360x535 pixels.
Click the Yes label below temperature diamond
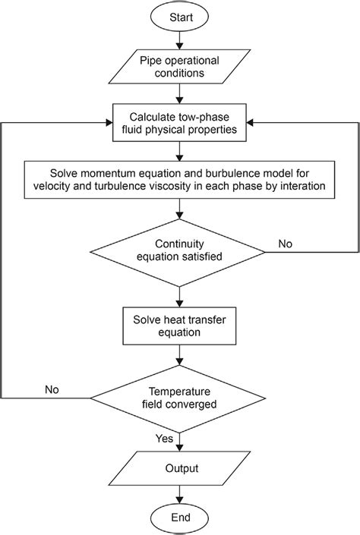(165, 438)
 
